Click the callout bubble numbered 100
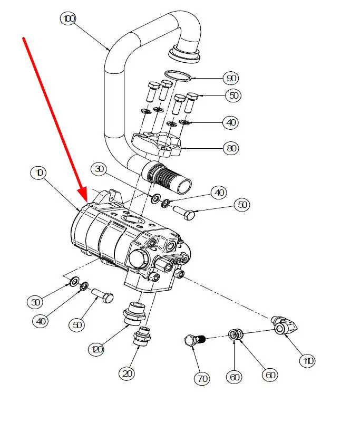click(67, 20)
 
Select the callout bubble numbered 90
click(230, 78)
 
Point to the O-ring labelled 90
click(177, 75)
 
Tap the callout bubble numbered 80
click(230, 149)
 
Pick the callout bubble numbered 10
click(40, 173)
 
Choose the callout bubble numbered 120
click(96, 349)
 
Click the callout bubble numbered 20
click(127, 373)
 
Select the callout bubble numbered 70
click(202, 378)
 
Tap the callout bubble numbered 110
click(307, 361)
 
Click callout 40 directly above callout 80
click(230, 122)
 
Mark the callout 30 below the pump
click(35, 302)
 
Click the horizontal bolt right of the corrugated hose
click(184, 212)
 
